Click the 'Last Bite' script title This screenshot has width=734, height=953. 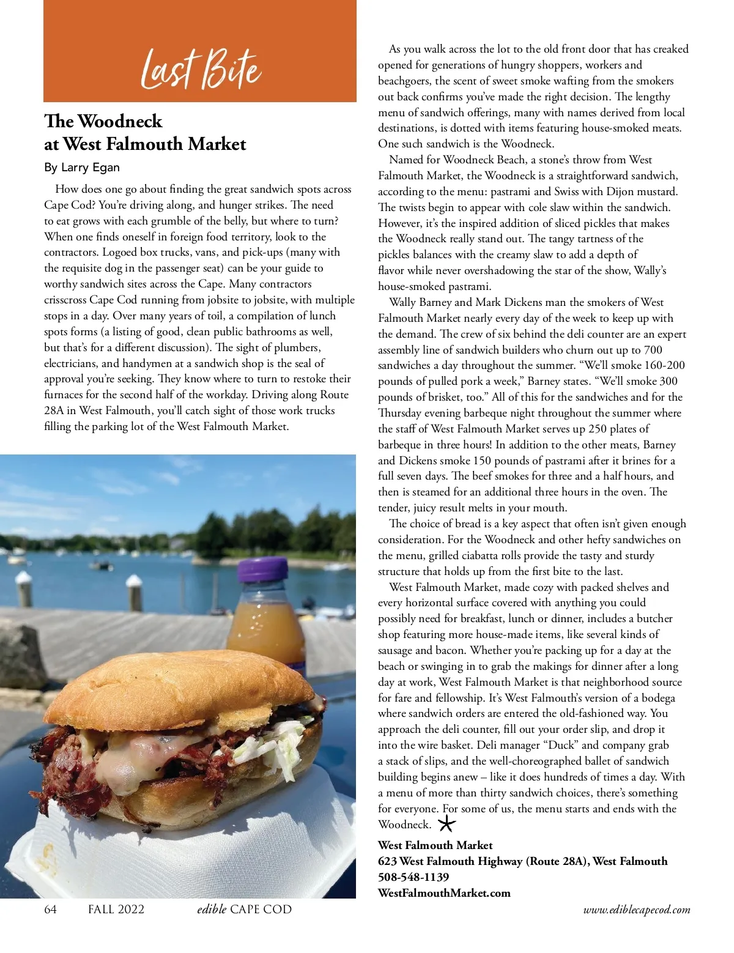click(201, 69)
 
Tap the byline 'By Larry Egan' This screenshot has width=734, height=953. click(82, 168)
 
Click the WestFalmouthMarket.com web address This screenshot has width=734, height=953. click(444, 893)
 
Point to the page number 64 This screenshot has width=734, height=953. click(50, 910)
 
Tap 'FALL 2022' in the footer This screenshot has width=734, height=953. click(116, 910)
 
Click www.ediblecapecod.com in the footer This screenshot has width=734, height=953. click(637, 910)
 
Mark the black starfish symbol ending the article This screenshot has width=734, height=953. click(447, 824)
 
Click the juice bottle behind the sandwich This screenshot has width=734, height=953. click(265, 624)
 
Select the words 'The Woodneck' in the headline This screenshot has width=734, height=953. click(103, 121)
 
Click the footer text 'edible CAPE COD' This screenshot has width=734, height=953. click(244, 910)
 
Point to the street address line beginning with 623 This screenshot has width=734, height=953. click(522, 861)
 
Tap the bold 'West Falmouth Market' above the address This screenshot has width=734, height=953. click(435, 845)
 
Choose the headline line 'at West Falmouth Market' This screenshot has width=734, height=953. click(145, 144)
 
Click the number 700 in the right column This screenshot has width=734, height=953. click(653, 350)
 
